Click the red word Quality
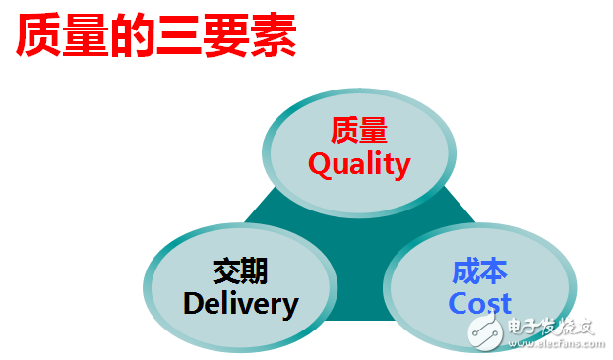[x=359, y=165]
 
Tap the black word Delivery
[x=241, y=305]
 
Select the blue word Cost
[x=480, y=303]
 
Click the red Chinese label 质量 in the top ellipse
[x=359, y=130]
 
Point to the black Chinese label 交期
[x=240, y=270]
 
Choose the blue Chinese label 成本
[x=480, y=270]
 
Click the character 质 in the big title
[x=38, y=35]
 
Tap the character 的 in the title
[x=132, y=35]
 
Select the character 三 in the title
[x=179, y=36]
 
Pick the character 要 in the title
[x=225, y=35]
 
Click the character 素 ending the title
[x=273, y=35]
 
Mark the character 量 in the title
[x=86, y=35]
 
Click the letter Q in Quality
[x=320, y=164]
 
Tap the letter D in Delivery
[x=195, y=303]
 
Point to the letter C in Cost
[x=459, y=303]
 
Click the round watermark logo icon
[x=485, y=333]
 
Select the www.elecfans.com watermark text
[x=556, y=344]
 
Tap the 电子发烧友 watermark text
[x=550, y=327]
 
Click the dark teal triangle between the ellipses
[x=360, y=250]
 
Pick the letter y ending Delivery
[x=290, y=308]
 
